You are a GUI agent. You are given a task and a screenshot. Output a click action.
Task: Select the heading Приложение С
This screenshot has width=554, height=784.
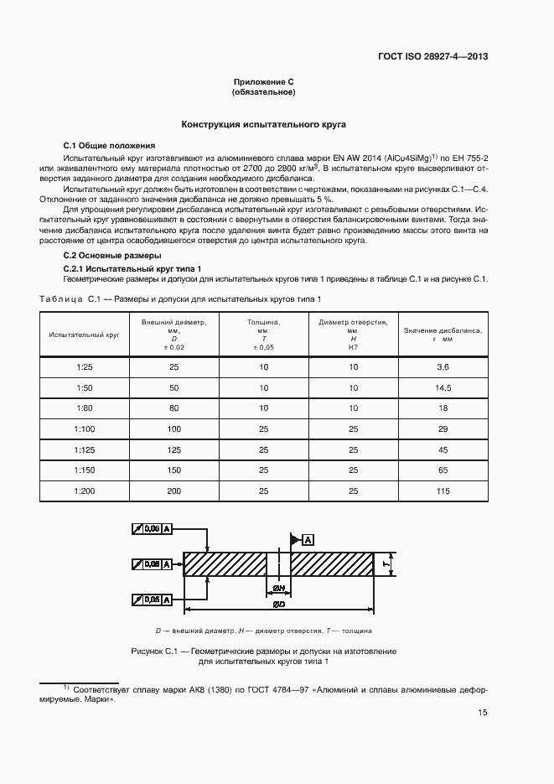263,82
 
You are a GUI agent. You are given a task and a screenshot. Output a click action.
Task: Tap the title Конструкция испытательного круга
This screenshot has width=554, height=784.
264,124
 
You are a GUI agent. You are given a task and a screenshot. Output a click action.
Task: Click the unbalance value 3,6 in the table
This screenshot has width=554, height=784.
443,367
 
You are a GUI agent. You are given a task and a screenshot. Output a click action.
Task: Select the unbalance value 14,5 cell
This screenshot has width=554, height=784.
443,387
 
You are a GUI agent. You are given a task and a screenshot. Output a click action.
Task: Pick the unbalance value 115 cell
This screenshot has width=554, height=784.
443,491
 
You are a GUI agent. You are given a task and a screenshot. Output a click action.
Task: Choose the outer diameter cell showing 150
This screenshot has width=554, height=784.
173,470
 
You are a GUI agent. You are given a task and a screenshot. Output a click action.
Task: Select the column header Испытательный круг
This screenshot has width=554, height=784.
83,334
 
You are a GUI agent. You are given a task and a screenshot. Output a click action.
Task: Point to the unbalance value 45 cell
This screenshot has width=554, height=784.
443,449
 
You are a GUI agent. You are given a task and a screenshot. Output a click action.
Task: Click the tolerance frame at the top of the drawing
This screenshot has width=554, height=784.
153,528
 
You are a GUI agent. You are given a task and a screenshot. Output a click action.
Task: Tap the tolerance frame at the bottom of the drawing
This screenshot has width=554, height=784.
153,600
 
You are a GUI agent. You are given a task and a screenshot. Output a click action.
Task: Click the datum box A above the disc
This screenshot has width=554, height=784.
308,539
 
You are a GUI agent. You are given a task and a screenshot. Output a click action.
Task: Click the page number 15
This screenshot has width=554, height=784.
483,713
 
